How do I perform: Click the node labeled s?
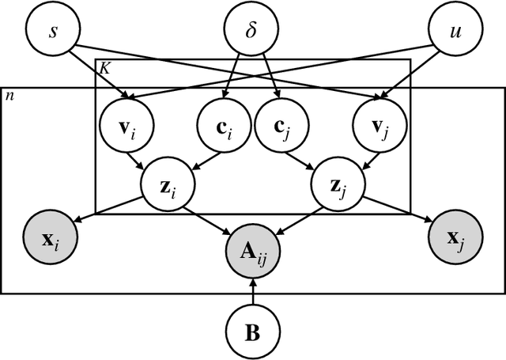tap(52, 29)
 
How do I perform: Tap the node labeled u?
tap(453, 29)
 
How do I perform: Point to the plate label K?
tap(104, 69)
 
